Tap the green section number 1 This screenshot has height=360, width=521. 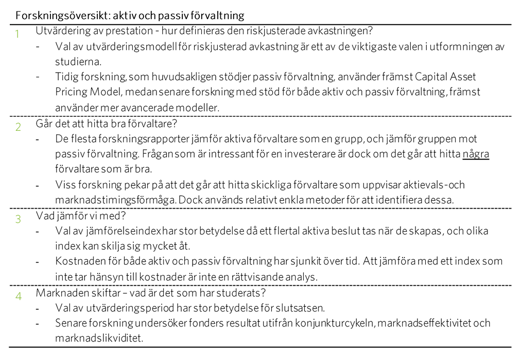click(x=18, y=35)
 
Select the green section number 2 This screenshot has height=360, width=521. click(x=18, y=127)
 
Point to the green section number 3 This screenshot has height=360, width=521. click(x=18, y=219)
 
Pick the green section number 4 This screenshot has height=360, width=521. click(x=18, y=297)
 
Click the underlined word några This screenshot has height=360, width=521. click(x=476, y=154)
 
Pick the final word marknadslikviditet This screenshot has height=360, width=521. click(x=98, y=339)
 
